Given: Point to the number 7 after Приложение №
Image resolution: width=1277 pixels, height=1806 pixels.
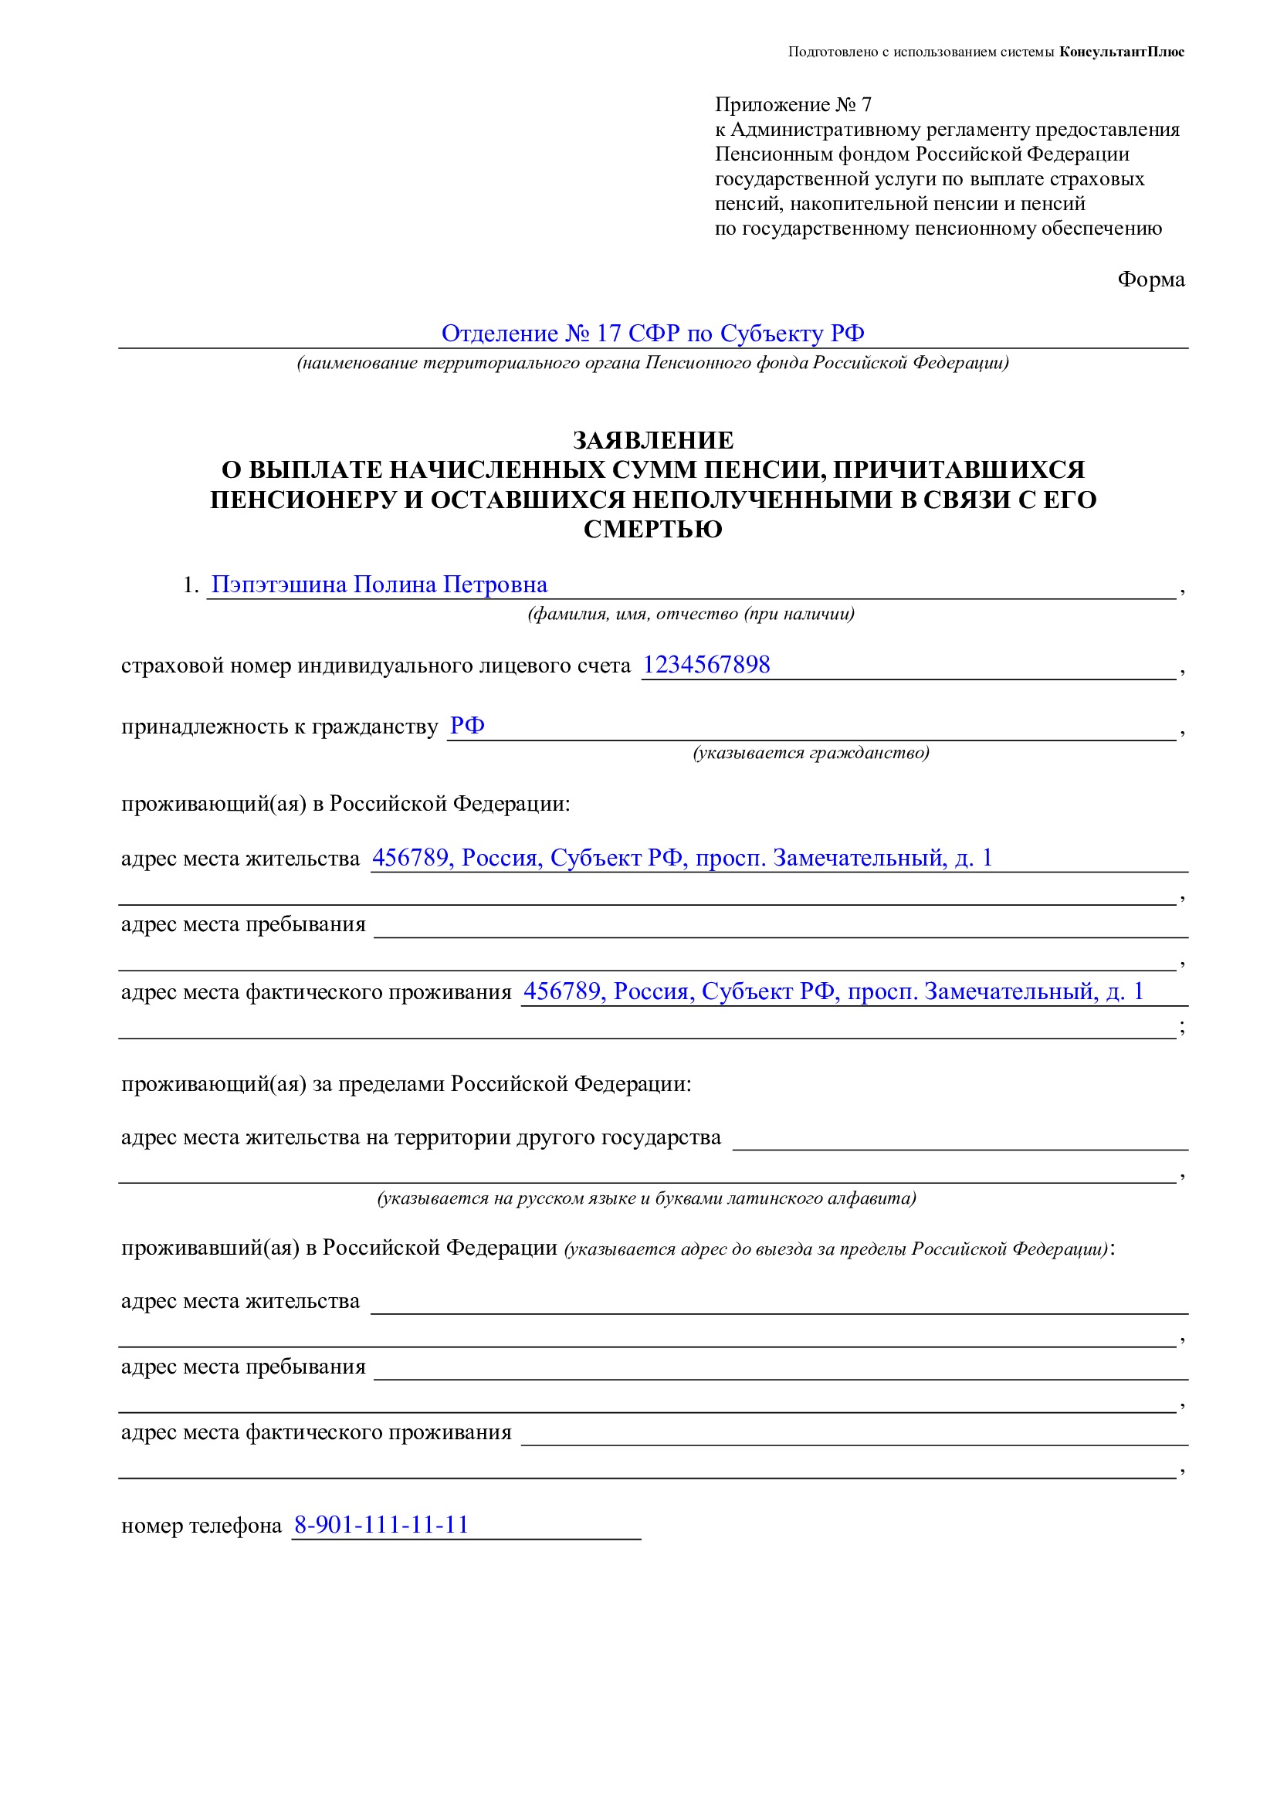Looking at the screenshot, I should tap(865, 104).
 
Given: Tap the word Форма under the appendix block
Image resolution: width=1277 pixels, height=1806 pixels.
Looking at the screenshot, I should tap(1150, 280).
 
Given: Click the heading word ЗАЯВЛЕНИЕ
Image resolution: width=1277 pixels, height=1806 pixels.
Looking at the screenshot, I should tap(652, 439).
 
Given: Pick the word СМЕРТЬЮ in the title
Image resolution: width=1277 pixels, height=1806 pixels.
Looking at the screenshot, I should tap(652, 530).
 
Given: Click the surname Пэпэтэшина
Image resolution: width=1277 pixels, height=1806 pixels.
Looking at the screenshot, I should tap(279, 584).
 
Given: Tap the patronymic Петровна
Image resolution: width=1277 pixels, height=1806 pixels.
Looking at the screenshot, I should tap(496, 584).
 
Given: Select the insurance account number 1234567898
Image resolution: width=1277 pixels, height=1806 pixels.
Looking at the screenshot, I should tap(706, 665).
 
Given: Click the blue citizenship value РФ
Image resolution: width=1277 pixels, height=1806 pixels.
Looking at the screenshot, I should tap(466, 725).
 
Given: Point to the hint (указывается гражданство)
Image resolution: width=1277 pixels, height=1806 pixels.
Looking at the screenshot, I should tap(810, 753).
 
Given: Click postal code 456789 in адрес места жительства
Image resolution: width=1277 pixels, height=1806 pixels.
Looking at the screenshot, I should tap(409, 857).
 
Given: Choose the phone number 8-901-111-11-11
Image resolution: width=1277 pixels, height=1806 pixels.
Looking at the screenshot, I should tap(381, 1525).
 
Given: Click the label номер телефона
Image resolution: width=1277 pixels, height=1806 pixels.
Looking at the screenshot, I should tap(202, 1526).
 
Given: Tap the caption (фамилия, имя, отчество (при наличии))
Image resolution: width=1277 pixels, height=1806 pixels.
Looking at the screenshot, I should tap(690, 614).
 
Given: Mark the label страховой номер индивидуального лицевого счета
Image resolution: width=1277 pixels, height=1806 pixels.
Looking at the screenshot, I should tap(376, 666).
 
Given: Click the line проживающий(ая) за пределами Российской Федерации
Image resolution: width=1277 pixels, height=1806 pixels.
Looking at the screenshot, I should tap(406, 1084).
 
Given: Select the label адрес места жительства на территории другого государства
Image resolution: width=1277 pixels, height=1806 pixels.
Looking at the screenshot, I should tap(421, 1137).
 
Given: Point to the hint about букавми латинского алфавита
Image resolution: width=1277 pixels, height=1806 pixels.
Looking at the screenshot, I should tap(646, 1198).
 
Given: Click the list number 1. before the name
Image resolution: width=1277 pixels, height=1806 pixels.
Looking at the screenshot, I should tap(191, 585).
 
